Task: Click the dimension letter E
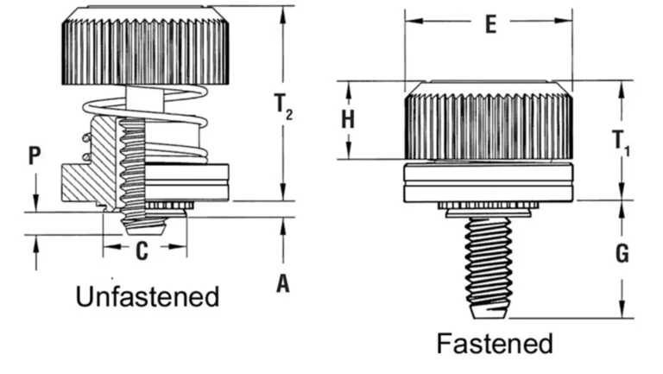pos(489,23)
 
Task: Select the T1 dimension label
pos(622,143)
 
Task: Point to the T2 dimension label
pos(284,106)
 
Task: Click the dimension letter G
pos(622,254)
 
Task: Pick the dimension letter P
pos(35,155)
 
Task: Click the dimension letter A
pos(282,283)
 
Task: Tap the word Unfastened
pos(148,297)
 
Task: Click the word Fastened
pos(495,343)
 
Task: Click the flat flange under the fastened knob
pos(489,181)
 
